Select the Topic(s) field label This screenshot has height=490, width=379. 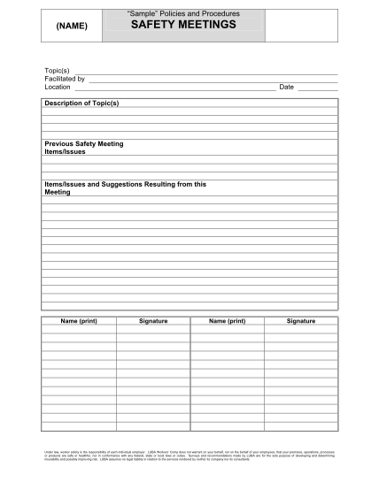click(x=57, y=71)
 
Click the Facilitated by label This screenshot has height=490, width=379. click(x=65, y=79)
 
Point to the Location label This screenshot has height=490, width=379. click(x=58, y=87)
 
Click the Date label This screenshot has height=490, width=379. click(x=286, y=87)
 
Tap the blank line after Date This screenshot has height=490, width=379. click(x=317, y=88)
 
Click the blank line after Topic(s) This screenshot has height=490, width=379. click(x=205, y=72)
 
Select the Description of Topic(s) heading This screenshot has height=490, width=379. click(x=81, y=103)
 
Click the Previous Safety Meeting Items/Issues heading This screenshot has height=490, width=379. click(x=83, y=147)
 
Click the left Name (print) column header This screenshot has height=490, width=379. click(x=79, y=321)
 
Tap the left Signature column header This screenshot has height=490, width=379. click(x=152, y=321)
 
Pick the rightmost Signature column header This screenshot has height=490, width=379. click(x=300, y=321)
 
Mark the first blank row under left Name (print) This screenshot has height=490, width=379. click(x=79, y=330)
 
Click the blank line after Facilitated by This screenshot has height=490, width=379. click(x=213, y=80)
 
